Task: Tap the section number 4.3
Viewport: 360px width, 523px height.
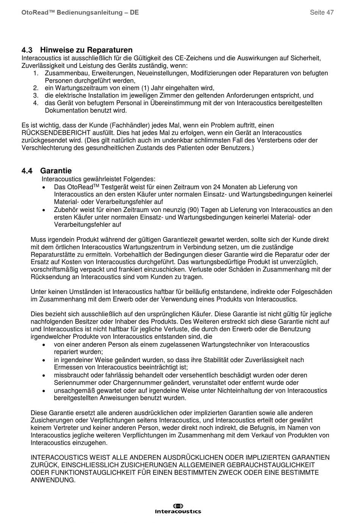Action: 27,50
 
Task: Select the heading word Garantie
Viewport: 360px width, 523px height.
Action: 56,171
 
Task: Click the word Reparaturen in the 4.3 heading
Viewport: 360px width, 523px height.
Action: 110,50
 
